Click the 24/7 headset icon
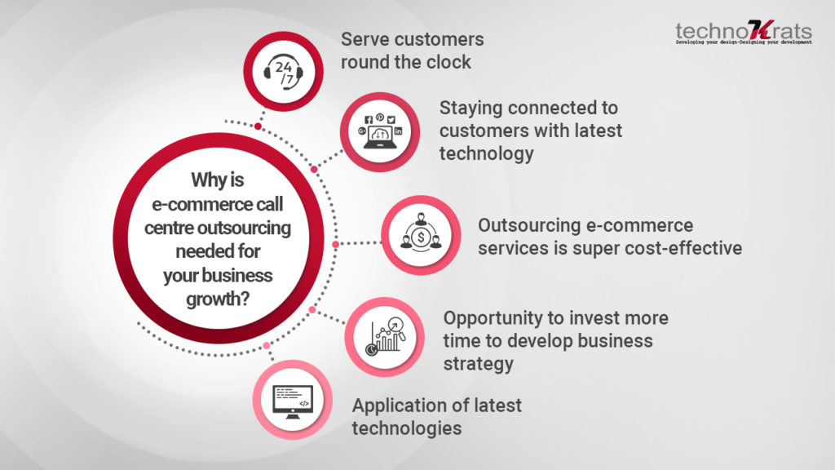click(283, 72)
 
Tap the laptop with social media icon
click(380, 132)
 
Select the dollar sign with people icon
click(421, 233)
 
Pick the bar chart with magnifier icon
click(385, 337)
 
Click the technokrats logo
click(744, 32)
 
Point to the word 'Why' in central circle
click(205, 180)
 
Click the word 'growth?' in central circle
click(218, 299)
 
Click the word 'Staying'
click(471, 109)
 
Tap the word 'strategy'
click(478, 365)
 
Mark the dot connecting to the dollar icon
click(335, 244)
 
